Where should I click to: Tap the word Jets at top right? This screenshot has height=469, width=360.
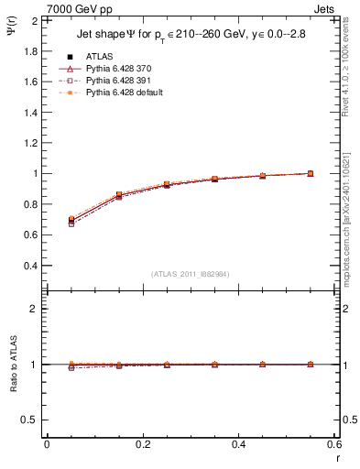[x=326, y=8]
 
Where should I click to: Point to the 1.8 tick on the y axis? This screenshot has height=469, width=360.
[x=31, y=50]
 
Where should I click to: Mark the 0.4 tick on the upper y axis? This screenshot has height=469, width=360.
[x=31, y=266]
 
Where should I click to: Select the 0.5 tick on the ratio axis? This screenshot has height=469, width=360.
[x=31, y=420]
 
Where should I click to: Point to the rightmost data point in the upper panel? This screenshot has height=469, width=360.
[x=311, y=173]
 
